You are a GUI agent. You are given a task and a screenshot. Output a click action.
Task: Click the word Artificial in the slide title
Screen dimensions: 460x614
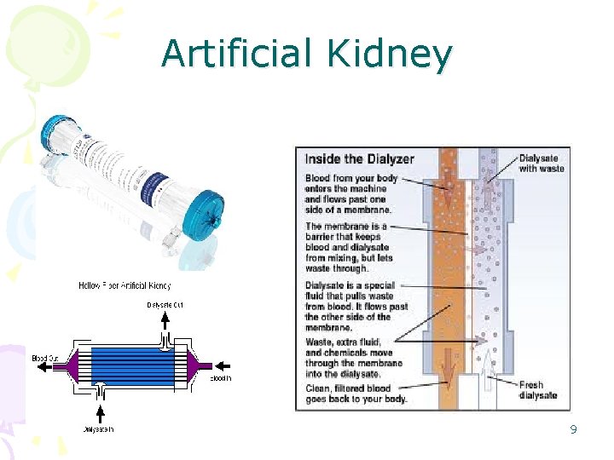[x=235, y=53]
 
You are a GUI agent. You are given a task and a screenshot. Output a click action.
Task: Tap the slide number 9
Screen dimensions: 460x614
[x=573, y=429]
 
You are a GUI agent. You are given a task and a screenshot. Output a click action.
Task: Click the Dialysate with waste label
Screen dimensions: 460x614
[x=542, y=163]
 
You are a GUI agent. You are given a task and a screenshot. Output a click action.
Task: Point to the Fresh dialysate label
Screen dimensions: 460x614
[x=538, y=390]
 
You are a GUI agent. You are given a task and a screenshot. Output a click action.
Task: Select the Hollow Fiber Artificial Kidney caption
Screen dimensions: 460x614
[x=125, y=285]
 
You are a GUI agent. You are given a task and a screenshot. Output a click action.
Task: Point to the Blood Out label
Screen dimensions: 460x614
[x=45, y=358]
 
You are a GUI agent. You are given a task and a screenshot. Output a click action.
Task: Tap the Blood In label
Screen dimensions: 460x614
[x=219, y=377]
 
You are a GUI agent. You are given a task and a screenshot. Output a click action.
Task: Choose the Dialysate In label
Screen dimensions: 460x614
[x=99, y=428]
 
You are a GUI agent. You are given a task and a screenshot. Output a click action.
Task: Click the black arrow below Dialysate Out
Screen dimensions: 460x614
[x=166, y=320]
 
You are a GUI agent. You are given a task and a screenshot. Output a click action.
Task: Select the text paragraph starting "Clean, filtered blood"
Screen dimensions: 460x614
[x=356, y=392]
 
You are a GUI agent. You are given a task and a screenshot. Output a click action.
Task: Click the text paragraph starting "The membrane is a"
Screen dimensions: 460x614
[x=349, y=247]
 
